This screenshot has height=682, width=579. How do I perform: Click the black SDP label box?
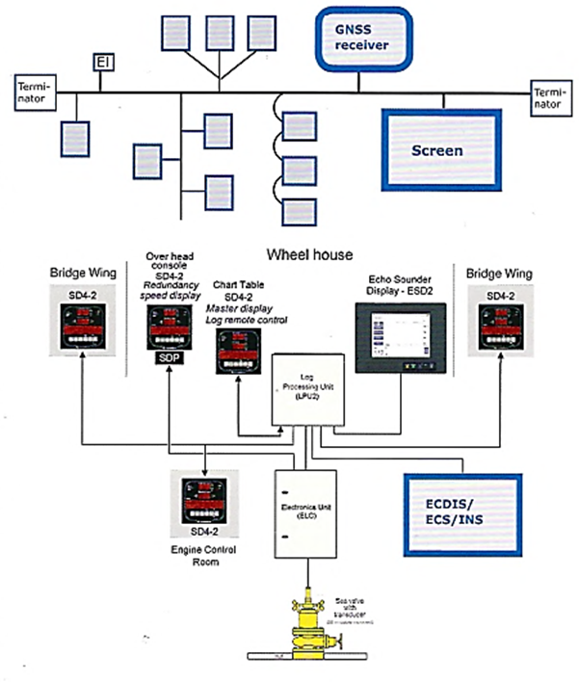click(x=166, y=358)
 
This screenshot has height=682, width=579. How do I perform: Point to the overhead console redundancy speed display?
click(x=166, y=327)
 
